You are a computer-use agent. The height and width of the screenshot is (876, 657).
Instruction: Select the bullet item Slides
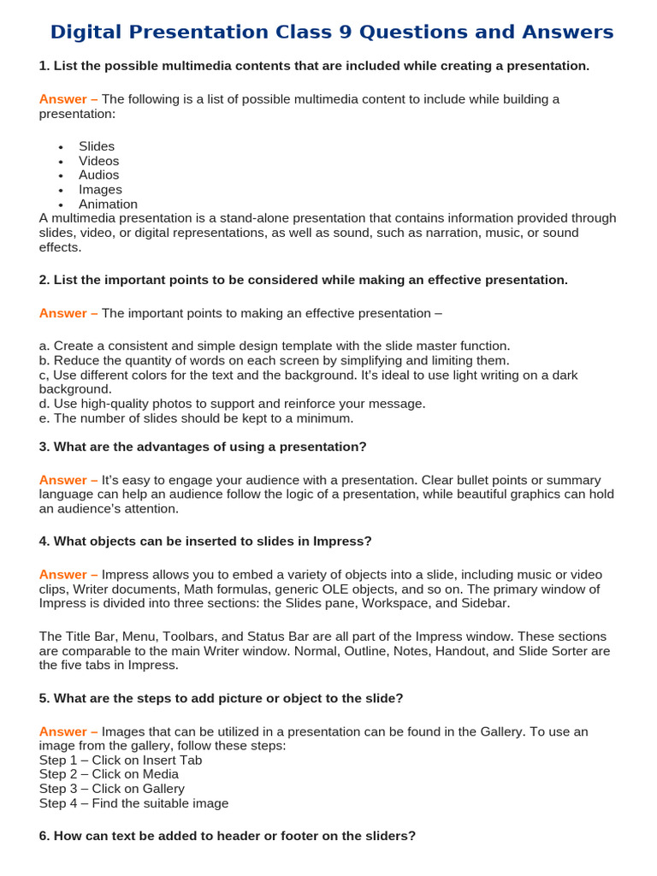click(97, 146)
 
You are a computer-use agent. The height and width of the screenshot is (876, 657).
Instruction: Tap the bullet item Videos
click(99, 161)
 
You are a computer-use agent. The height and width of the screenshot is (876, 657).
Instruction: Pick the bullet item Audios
click(99, 175)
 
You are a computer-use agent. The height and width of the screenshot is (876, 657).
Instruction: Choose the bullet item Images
click(100, 190)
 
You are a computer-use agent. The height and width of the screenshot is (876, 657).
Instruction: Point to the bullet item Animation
click(108, 204)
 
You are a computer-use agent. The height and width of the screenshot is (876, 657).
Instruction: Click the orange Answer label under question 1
click(68, 99)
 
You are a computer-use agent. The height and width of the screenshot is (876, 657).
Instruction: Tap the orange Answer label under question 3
click(68, 480)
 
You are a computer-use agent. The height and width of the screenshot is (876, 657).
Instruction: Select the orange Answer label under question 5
click(68, 731)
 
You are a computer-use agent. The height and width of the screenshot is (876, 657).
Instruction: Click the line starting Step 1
click(121, 761)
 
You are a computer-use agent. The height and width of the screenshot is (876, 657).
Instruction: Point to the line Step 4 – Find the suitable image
click(134, 803)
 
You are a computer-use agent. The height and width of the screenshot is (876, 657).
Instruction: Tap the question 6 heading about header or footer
click(228, 836)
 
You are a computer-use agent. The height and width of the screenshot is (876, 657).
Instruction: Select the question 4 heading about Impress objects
click(205, 541)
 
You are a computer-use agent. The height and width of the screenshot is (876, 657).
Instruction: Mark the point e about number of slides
click(196, 418)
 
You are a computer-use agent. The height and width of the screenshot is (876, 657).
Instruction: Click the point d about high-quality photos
click(232, 404)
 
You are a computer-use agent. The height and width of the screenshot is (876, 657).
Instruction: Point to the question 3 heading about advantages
click(203, 447)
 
